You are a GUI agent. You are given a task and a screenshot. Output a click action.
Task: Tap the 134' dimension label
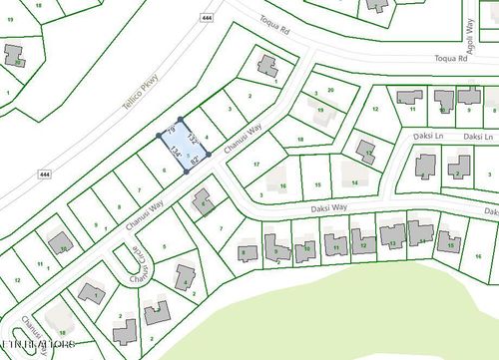(177, 153)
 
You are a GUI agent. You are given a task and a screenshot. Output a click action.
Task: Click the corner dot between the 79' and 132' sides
(181, 120)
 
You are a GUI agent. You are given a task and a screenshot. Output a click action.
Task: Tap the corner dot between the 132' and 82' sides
(210, 149)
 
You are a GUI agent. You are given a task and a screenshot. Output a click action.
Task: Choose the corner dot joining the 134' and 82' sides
(187, 172)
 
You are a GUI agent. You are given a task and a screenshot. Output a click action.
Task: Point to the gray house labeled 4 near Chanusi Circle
(185, 278)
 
